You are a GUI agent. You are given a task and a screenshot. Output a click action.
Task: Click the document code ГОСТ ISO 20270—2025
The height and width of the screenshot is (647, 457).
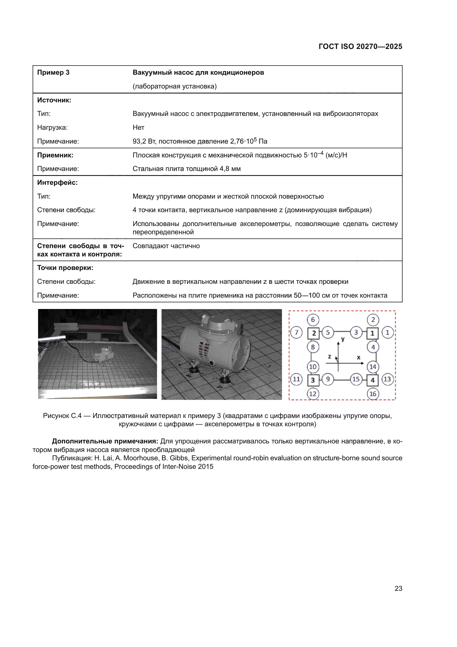tap(360, 46)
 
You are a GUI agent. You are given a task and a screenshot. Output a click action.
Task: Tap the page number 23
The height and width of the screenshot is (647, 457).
tap(398, 588)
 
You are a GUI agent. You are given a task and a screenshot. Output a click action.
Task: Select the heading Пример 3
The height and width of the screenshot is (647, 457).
tap(53, 72)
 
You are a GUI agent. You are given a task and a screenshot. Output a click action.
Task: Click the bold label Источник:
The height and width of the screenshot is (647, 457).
tap(54, 100)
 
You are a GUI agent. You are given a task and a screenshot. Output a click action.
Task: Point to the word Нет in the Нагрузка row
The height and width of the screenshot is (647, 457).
tap(138, 127)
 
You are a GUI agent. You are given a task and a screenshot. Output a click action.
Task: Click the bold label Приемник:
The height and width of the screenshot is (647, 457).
tap(55, 155)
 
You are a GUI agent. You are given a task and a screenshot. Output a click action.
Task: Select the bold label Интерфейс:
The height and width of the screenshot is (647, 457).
tap(57, 183)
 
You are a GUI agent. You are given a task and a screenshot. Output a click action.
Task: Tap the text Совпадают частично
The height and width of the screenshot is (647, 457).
tap(166, 246)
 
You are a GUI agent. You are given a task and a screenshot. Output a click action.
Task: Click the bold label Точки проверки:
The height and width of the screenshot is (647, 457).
tap(65, 268)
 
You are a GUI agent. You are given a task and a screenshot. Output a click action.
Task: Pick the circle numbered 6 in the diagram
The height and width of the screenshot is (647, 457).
tap(313, 319)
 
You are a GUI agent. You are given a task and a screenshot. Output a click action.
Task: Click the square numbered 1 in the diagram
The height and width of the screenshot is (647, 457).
tap(372, 333)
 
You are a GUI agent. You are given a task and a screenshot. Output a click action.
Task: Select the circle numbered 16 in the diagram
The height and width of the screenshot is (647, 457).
tap(373, 394)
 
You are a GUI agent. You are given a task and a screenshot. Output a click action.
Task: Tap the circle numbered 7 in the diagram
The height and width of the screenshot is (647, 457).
tap(296, 332)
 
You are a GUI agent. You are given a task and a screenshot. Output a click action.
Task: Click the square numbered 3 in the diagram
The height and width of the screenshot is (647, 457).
tap(313, 380)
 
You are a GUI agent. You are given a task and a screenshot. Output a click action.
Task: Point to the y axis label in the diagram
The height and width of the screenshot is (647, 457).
tap(343, 339)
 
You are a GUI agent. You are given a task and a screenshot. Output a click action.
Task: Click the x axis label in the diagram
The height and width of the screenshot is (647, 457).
tap(359, 357)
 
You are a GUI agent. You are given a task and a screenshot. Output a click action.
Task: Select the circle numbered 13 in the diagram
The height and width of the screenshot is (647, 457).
tap(387, 379)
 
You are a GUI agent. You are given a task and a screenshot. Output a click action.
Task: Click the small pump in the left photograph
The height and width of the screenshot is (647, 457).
tap(104, 355)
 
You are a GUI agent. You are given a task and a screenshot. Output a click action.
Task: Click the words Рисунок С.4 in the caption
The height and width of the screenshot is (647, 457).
tap(62, 416)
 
